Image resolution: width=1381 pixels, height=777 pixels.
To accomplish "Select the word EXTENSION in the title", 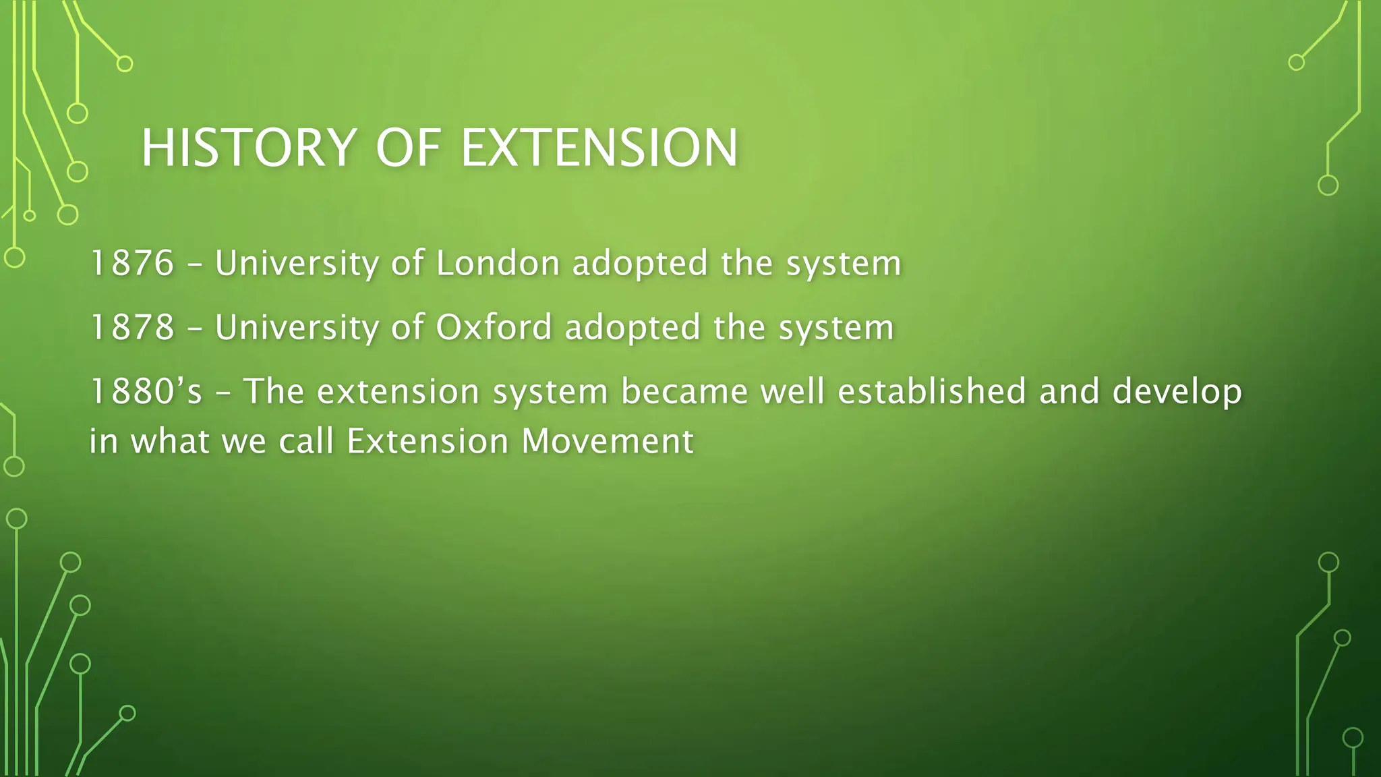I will coord(599,148).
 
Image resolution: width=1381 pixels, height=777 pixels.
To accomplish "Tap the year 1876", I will coord(132,263).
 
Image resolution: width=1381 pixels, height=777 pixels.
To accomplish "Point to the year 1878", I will coord(132,328).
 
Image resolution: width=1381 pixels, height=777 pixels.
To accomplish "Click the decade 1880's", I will coord(146,392).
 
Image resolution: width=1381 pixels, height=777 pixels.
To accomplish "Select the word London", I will coord(498,263).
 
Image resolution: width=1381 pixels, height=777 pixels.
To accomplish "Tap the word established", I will coord(931,392).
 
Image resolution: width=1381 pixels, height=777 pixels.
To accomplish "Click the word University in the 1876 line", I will coord(297,263).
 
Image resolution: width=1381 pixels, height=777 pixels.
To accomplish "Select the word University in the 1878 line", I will coord(297,328).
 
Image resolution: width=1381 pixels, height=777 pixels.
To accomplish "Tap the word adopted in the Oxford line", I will coord(633,328).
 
